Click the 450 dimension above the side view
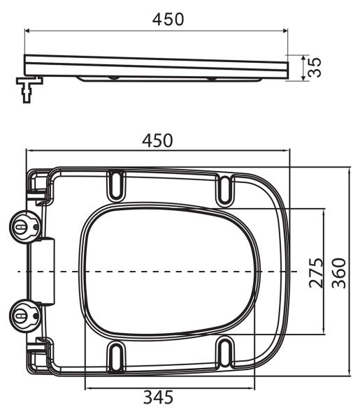[168, 19]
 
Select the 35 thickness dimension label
[315, 68]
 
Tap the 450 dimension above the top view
[157, 140]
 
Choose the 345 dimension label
[159, 398]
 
